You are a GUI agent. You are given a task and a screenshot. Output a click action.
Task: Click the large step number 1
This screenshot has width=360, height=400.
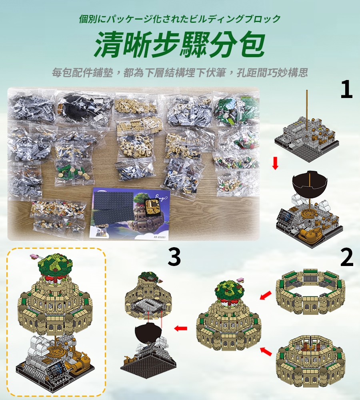(x=346, y=89)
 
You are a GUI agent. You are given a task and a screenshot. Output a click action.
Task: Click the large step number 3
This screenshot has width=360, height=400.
(x=174, y=257)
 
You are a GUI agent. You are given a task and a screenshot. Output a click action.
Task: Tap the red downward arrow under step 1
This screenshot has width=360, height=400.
(x=275, y=163)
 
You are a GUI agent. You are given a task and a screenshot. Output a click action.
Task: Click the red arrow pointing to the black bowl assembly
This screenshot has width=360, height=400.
(x=181, y=328)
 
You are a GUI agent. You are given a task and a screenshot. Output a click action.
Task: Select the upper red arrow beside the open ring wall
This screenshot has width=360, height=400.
(x=266, y=296)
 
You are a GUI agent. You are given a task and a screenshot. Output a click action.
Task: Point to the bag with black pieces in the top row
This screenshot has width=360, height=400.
(x=84, y=108)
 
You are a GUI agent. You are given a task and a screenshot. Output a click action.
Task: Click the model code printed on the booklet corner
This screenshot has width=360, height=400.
(x=160, y=236)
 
